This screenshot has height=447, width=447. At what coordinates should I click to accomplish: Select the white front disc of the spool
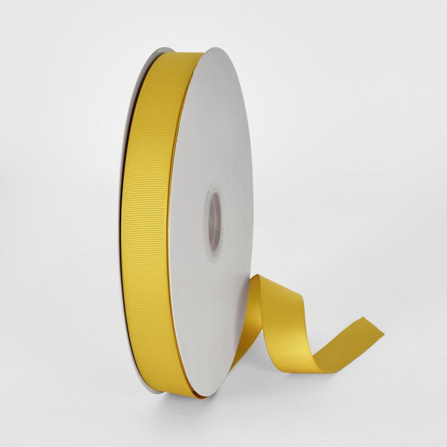[210, 134]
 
